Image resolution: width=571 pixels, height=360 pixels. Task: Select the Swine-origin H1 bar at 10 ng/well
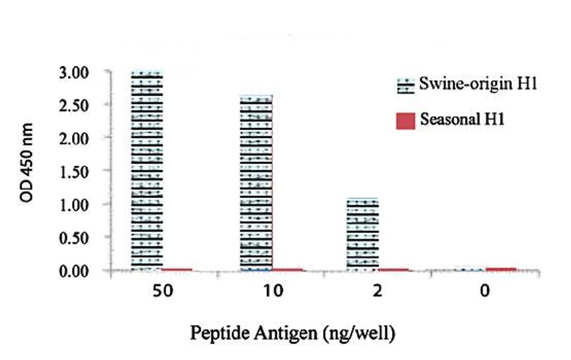click(x=256, y=183)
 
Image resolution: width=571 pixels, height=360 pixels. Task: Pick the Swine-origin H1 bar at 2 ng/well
click(x=363, y=234)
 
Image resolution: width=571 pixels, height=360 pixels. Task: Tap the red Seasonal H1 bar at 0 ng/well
click(x=501, y=269)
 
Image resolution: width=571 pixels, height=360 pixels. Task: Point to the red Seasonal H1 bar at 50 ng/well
click(x=177, y=270)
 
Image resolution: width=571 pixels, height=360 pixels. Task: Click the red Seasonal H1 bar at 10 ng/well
click(x=288, y=270)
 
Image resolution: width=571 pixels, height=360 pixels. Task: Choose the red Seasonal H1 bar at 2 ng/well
click(x=393, y=270)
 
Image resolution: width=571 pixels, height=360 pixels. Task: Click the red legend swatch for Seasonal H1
click(x=406, y=121)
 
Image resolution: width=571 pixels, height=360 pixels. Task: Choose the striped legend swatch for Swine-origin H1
click(x=406, y=86)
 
